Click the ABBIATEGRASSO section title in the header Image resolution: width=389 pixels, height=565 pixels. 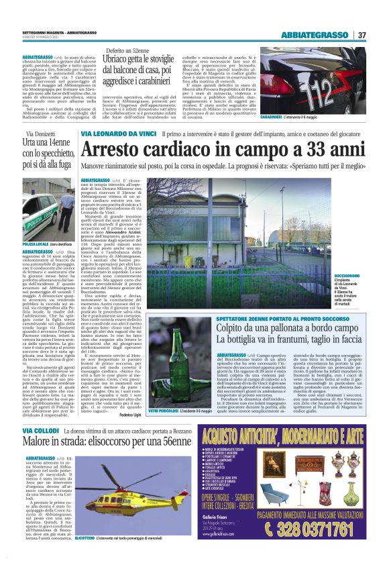point(317,35)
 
